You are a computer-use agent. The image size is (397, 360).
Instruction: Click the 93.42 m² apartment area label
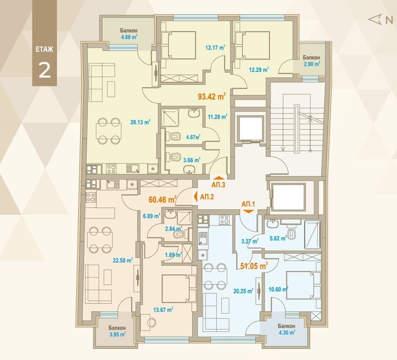212,96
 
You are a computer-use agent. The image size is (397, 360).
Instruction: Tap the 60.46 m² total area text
162,199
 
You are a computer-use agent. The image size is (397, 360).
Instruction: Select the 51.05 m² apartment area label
254,266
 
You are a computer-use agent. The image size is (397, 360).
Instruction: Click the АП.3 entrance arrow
218,178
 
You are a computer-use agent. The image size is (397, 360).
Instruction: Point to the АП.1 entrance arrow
248,211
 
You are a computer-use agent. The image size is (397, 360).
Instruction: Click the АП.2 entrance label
207,197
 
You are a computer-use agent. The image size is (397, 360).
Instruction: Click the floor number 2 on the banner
45,70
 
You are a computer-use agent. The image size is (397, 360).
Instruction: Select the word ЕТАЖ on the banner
44,49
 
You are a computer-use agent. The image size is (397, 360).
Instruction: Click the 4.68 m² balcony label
129,37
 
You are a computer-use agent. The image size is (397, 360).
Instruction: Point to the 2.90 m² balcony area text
312,64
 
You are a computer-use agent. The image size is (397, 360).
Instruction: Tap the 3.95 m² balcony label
118,334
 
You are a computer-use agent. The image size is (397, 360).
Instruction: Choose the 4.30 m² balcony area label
287,332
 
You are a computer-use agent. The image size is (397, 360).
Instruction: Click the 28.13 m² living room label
140,122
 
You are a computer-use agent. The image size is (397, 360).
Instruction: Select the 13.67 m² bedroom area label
163,310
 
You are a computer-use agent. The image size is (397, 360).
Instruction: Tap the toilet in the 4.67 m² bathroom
173,136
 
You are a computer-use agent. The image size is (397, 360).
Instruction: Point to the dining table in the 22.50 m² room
100,240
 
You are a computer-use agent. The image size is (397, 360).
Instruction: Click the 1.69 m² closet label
173,255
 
